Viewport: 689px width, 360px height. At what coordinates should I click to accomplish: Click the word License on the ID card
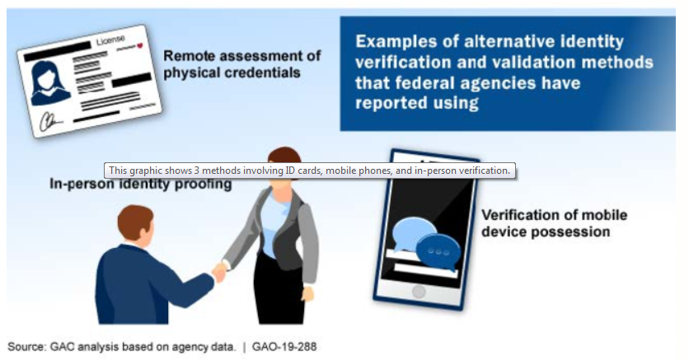[x=110, y=41]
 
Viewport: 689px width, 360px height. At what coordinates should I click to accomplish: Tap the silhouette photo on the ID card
[x=49, y=83]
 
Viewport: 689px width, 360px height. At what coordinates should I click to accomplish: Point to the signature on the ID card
[x=50, y=121]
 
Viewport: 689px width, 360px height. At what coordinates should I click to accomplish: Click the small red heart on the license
[x=140, y=45]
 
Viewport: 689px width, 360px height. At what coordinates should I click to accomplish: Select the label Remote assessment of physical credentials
[x=242, y=64]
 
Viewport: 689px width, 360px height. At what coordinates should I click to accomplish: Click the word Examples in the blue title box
[x=396, y=41]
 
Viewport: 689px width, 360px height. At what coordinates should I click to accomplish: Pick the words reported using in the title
[x=416, y=103]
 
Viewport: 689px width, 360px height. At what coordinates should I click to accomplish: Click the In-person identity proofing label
[x=141, y=184]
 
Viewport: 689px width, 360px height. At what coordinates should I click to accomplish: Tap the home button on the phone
[x=419, y=292]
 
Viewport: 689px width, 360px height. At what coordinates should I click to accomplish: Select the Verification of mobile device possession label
[x=554, y=223]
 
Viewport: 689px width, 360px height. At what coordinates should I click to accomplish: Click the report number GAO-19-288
[x=284, y=347]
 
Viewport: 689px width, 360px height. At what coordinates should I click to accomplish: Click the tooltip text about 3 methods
[x=309, y=171]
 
